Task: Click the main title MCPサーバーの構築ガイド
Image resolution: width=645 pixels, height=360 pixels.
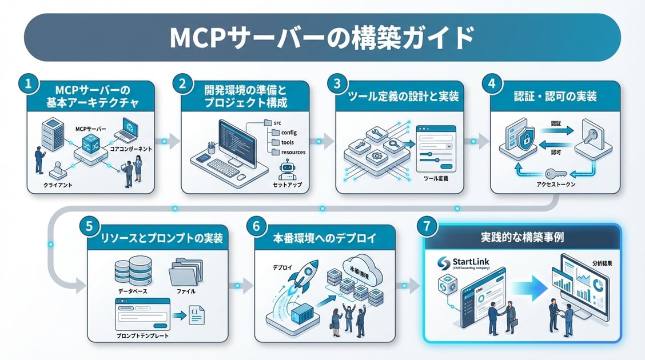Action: click(322, 38)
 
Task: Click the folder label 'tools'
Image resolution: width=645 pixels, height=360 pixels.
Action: click(288, 142)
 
